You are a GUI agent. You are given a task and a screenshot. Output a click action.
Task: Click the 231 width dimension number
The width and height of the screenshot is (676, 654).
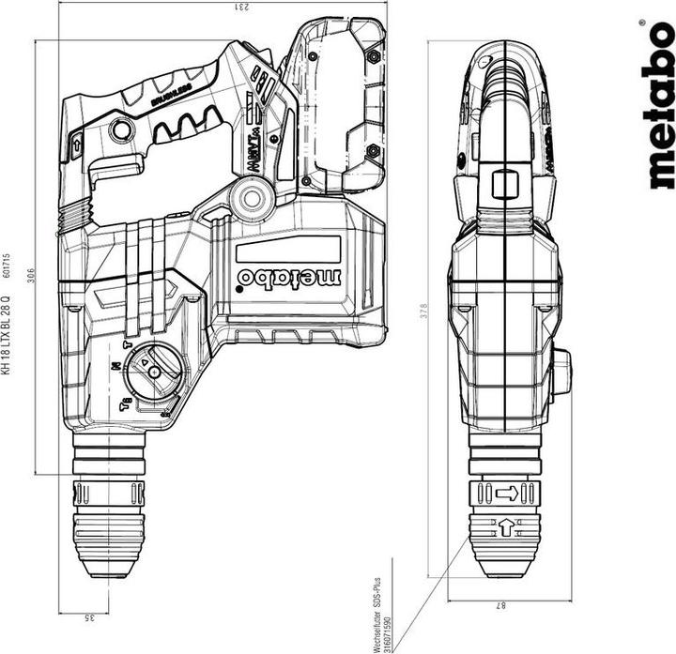[218, 7]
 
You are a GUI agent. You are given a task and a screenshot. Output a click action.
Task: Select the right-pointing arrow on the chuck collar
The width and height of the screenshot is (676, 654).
[507, 493]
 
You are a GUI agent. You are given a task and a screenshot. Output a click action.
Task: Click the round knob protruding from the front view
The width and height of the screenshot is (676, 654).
[561, 373]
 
